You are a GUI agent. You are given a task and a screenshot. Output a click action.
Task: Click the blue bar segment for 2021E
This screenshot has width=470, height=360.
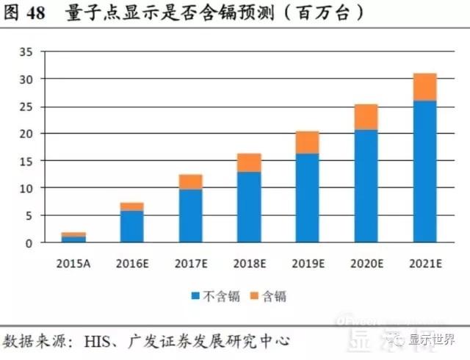click(x=424, y=172)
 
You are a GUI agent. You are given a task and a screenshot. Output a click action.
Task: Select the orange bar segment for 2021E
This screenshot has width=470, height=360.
click(x=424, y=87)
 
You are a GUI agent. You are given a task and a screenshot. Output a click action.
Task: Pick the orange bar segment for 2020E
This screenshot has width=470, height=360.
click(x=366, y=117)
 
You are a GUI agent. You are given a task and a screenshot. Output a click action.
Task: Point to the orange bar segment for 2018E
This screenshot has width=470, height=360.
click(x=249, y=162)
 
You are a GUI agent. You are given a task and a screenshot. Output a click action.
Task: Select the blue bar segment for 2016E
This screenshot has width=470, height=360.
click(x=132, y=226)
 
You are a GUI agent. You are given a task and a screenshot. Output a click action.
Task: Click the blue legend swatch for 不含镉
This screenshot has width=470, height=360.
click(x=195, y=297)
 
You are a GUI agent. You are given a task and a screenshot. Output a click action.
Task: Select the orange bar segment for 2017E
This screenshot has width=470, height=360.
click(x=191, y=181)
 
